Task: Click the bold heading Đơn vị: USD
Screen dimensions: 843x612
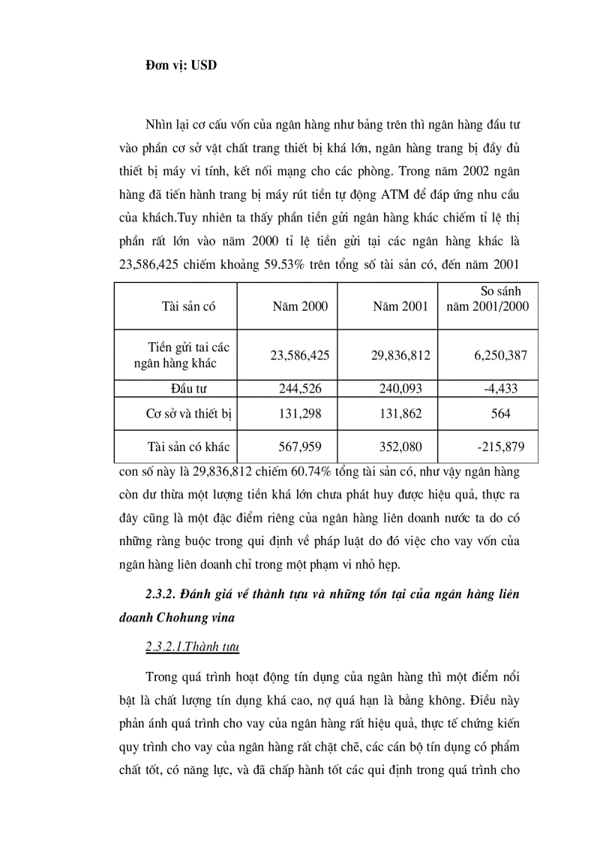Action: (181, 65)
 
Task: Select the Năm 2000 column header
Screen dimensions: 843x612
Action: (300, 306)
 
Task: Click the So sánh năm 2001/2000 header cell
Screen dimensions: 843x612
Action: (488, 298)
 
